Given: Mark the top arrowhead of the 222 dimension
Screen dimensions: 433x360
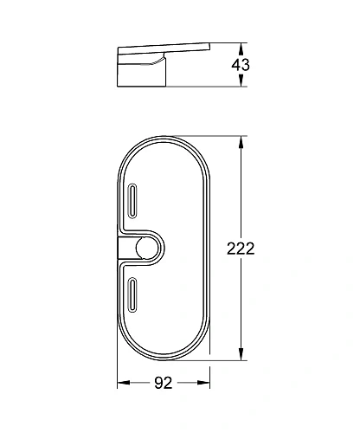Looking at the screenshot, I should tap(240, 140).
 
